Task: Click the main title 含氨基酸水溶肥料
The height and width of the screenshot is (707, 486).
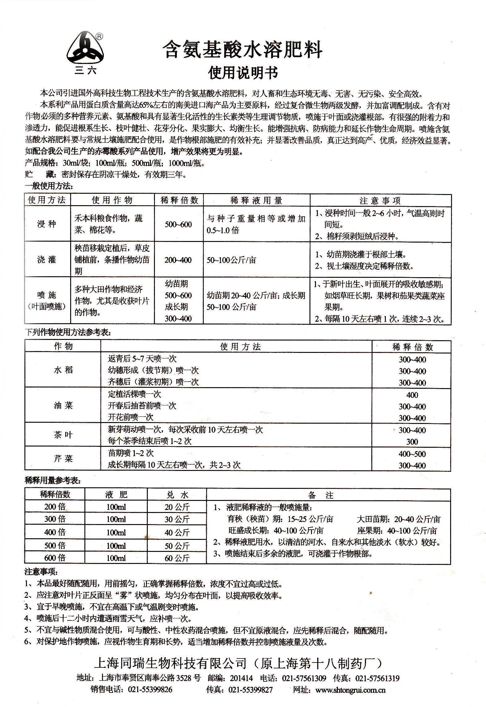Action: [x=243, y=50]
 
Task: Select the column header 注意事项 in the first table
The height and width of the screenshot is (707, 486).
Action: [x=380, y=201]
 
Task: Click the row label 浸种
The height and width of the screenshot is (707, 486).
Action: [x=47, y=224]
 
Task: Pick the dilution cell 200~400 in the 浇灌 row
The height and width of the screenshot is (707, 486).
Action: [x=178, y=260]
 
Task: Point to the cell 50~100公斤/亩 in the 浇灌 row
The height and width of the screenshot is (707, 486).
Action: [x=231, y=260]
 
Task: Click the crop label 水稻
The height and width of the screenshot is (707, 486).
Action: [x=63, y=370]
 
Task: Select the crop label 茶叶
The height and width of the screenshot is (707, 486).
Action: [x=63, y=435]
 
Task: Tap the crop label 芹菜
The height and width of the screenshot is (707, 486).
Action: [x=63, y=459]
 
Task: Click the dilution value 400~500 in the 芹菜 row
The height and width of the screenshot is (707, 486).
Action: [x=412, y=454]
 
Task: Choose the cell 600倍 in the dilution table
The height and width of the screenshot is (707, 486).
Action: [x=55, y=558]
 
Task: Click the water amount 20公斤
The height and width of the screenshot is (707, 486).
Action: [x=177, y=507]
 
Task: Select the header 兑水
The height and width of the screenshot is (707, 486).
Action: [x=177, y=495]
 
